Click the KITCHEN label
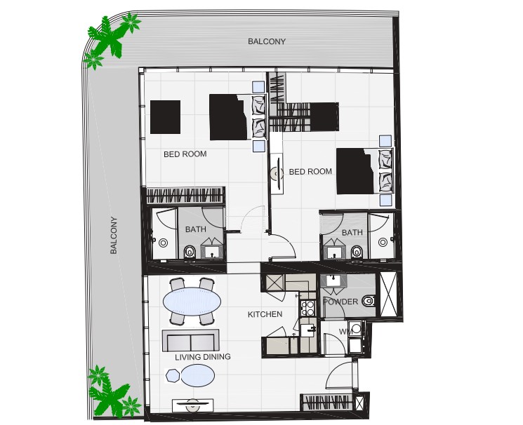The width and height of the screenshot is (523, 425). (265, 314)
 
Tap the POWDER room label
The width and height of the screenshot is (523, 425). (340, 302)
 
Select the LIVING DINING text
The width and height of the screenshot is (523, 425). (203, 357)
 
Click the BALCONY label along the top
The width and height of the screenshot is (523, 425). (267, 41)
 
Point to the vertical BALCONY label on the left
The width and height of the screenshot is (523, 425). (114, 236)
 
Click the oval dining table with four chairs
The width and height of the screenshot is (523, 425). (192, 302)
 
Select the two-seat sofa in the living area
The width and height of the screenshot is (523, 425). (191, 341)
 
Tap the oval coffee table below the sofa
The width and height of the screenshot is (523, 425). (197, 376)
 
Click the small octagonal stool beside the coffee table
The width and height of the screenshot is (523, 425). (173, 376)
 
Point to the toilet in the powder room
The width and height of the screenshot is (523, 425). (369, 301)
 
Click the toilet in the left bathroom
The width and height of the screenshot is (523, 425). (190, 252)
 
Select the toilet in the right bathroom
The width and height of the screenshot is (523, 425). (356, 252)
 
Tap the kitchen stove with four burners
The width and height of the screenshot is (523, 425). (307, 308)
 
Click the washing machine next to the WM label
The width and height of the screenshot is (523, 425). (356, 329)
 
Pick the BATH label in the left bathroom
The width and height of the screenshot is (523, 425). (195, 229)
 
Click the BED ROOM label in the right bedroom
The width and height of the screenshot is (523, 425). (310, 172)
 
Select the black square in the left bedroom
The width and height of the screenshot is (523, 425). (165, 117)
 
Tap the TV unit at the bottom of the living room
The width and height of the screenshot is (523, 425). (192, 405)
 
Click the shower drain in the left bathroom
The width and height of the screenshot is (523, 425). (163, 243)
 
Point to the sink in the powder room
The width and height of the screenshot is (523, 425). (333, 281)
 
